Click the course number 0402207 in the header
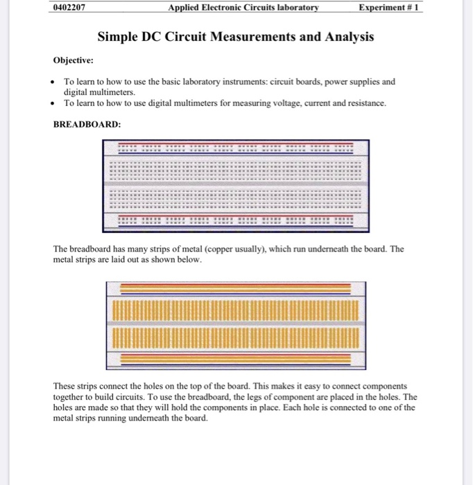tap(71, 8)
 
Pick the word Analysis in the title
tap(348, 36)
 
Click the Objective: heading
tap(76, 60)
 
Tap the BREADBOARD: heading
tap(87, 125)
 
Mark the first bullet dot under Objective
tap(55, 82)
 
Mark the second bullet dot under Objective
tap(55, 103)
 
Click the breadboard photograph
tap(236, 185)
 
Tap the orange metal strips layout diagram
tap(236, 325)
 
